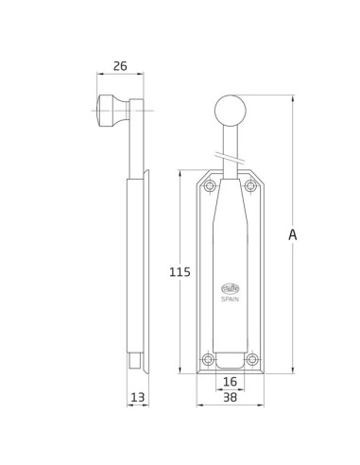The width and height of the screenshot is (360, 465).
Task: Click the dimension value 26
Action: [120, 66]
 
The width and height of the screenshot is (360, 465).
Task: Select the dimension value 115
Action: [180, 272]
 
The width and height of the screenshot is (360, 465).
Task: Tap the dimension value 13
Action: [138, 398]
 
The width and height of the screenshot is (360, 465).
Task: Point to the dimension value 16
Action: [230, 382]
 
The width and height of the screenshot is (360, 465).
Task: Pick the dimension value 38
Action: [230, 398]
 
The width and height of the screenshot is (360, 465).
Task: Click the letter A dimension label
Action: [293, 235]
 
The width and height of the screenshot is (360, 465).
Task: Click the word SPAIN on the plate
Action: [230, 299]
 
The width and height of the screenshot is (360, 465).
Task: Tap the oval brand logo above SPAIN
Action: [230, 289]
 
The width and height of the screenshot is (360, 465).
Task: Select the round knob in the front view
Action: [230, 111]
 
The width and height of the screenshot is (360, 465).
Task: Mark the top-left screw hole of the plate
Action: [209, 186]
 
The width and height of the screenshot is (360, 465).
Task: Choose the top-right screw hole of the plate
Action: [250, 186]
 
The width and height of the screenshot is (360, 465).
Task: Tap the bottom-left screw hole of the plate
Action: [209, 359]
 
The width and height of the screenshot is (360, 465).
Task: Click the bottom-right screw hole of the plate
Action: [250, 359]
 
